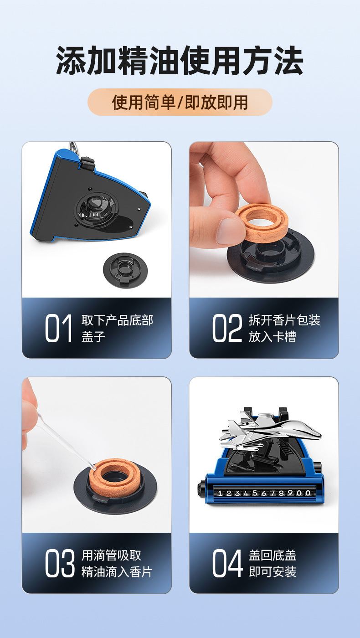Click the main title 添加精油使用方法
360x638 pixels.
click(180, 60)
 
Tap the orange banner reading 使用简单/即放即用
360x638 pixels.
click(180, 102)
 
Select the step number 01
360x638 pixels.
click(58, 328)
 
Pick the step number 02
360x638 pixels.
click(227, 328)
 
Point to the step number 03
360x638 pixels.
click(60, 563)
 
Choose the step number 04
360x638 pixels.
click(227, 563)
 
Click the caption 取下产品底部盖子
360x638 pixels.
click(117, 328)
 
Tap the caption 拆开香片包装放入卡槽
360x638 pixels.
click(284, 328)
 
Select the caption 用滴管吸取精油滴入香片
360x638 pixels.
click(117, 563)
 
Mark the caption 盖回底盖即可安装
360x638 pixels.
click(273, 563)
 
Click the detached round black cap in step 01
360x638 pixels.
click(125, 270)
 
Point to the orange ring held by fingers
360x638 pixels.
click(261, 222)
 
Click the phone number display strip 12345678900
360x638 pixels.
click(264, 493)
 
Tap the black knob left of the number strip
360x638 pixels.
click(201, 493)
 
